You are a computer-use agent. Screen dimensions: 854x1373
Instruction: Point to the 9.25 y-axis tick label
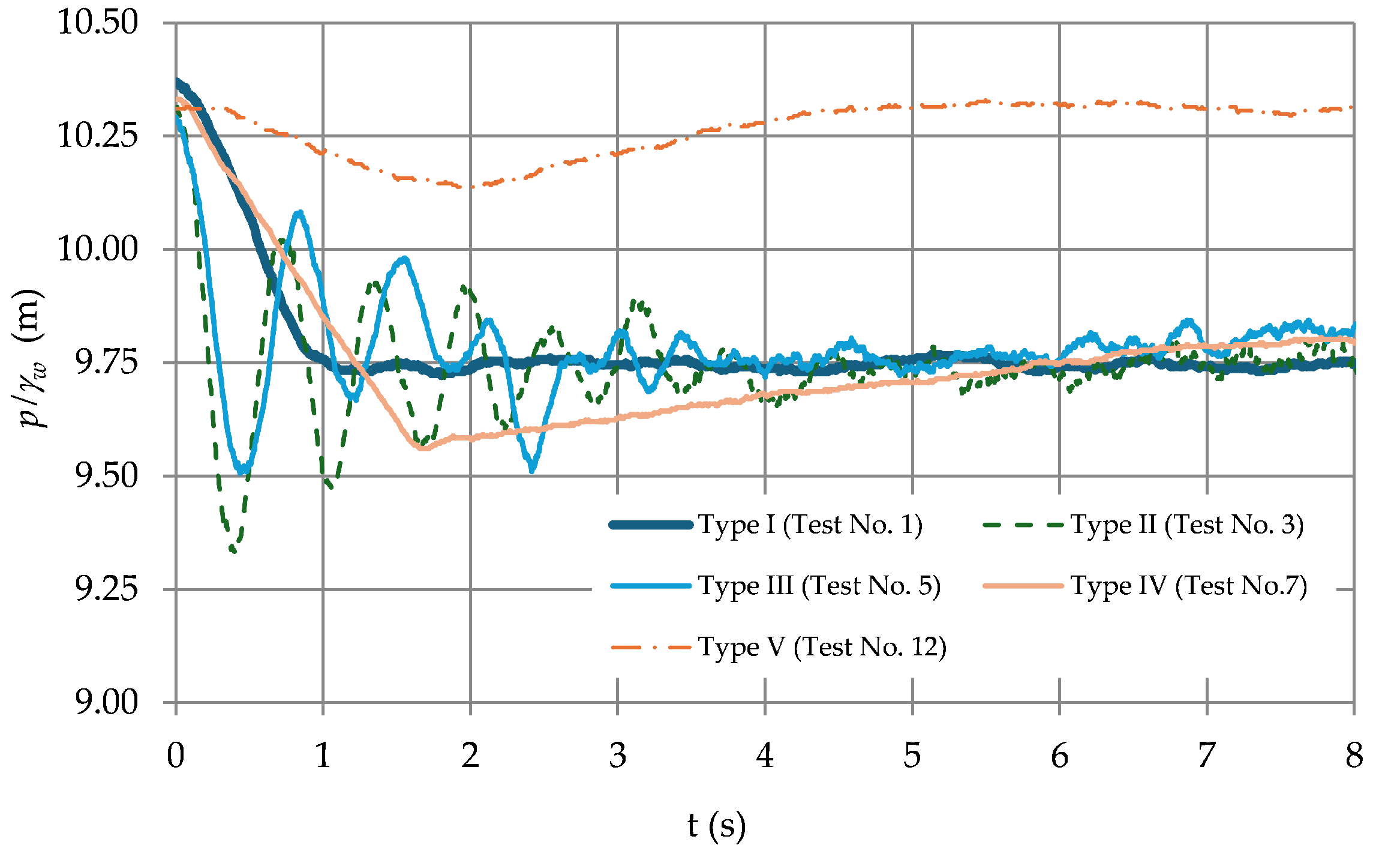tap(106, 589)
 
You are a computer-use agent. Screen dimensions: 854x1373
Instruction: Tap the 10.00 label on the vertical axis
tap(97, 248)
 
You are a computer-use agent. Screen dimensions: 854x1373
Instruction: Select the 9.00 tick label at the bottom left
tap(106, 702)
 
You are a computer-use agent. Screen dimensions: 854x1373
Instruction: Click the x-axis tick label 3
tap(617, 756)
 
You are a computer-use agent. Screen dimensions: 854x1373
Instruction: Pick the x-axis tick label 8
tap(1354, 756)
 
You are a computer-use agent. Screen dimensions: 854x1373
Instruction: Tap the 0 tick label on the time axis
tap(176, 756)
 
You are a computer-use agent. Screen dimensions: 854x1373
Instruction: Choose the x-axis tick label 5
tap(912, 756)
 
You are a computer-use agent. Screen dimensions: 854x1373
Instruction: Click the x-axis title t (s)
tap(716, 825)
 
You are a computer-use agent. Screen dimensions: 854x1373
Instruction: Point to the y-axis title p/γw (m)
tap(31, 358)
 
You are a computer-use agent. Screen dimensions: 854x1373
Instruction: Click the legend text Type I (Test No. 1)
tap(810, 525)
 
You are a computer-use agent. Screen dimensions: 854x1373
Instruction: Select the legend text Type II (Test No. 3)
tap(1187, 525)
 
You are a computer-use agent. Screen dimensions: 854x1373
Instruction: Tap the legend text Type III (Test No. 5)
tap(819, 586)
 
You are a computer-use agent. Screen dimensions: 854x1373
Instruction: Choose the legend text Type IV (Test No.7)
tap(1188, 586)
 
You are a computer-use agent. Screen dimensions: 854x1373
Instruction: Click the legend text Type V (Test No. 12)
tap(822, 647)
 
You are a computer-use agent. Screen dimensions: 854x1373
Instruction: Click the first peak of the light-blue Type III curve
tap(299, 212)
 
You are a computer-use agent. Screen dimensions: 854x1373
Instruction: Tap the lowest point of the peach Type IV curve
tap(422, 448)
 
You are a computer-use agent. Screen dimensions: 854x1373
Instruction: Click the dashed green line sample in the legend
tap(1023, 525)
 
